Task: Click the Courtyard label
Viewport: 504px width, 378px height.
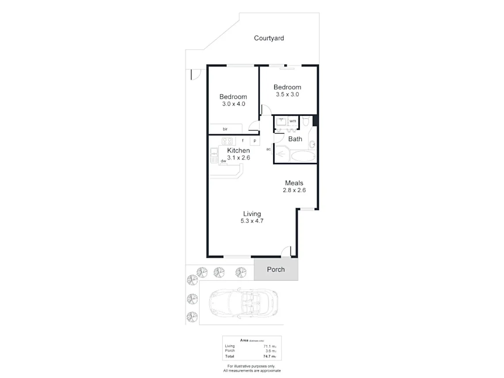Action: point(269,38)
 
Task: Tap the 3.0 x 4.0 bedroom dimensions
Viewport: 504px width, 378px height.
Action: point(233,104)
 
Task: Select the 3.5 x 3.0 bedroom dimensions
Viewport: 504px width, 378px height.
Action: point(287,94)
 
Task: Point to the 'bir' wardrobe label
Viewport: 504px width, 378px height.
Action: point(225,129)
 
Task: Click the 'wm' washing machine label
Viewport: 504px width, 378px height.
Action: point(293,121)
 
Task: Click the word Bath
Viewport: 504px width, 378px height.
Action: point(295,139)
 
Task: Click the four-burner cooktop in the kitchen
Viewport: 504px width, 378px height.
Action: point(227,141)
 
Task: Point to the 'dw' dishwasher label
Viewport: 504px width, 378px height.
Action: point(223,161)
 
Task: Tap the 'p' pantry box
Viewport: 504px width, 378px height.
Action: point(255,141)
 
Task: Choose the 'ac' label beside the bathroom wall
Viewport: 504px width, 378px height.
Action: point(268,149)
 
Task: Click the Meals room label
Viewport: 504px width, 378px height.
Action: point(294,183)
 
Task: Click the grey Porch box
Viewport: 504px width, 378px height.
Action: point(276,269)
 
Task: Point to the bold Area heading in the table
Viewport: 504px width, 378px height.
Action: point(243,340)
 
